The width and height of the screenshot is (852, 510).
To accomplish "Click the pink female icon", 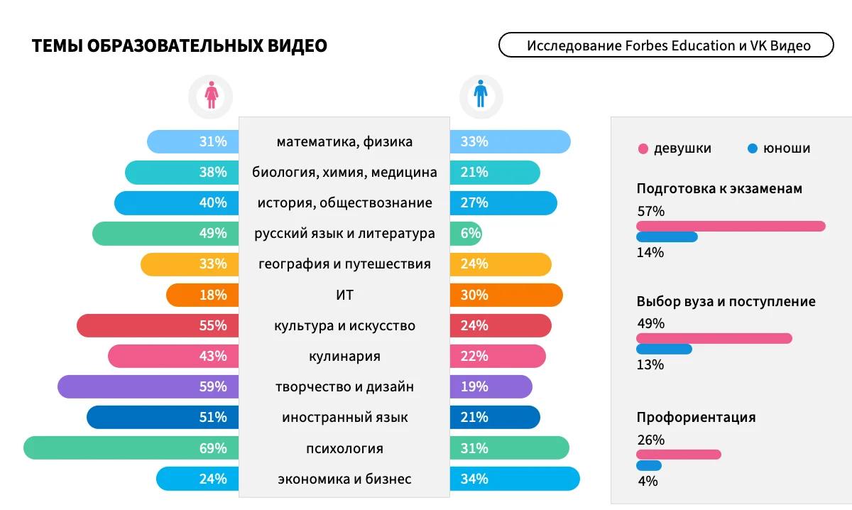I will click(211, 95).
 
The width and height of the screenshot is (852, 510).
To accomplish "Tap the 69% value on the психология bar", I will click(213, 448).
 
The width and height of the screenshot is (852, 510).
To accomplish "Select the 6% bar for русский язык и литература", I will click(466, 234).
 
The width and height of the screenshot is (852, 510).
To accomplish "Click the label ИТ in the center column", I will click(344, 295).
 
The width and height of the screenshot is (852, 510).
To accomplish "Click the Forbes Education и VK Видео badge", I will click(666, 45).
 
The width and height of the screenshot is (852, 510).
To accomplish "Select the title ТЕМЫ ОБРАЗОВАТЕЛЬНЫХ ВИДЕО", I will click(180, 46).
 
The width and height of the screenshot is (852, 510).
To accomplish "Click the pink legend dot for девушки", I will click(643, 149).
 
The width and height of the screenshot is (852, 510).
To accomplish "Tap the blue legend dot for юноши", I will click(753, 149).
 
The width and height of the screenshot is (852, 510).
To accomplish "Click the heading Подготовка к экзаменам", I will click(719, 189).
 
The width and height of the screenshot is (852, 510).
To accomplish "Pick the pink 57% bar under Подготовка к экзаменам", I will click(731, 227).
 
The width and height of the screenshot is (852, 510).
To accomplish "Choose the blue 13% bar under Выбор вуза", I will click(664, 349).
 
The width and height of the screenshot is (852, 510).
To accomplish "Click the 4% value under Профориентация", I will click(648, 481).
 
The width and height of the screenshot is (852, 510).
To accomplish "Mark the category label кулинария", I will click(344, 357).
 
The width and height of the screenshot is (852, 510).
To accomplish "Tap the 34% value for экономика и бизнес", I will click(474, 479).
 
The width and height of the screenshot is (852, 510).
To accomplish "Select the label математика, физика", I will click(344, 142).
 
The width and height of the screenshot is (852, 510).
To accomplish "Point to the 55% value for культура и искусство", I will click(213, 326).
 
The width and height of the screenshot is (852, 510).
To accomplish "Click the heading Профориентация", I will click(696, 418).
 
